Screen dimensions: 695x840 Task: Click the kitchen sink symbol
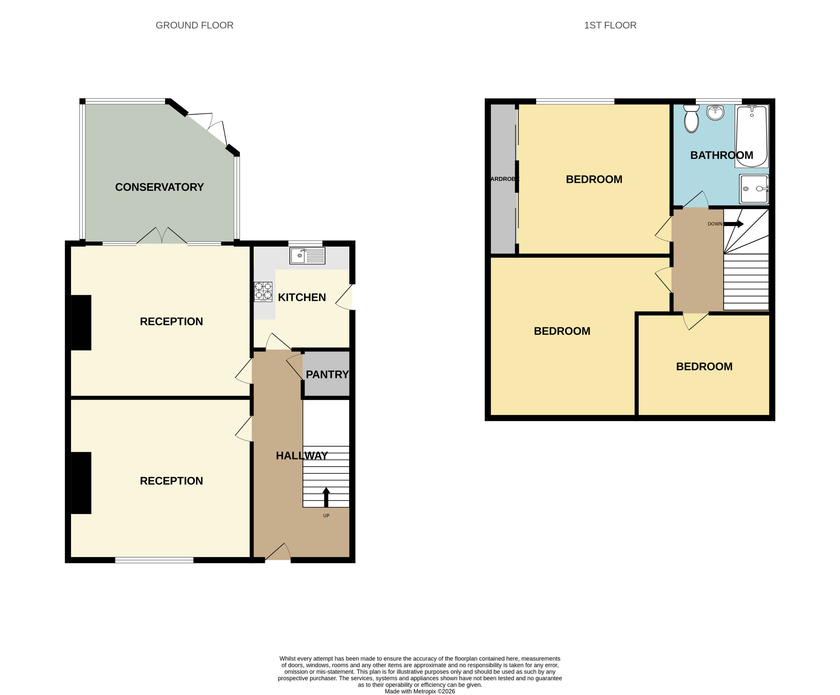click(307, 256)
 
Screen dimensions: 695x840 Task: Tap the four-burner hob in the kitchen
click(263, 292)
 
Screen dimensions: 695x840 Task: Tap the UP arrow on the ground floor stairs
click(326, 497)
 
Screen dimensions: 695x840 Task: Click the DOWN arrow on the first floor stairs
click(734, 224)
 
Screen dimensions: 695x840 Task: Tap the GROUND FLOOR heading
click(194, 25)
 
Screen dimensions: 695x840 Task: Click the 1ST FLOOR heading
click(610, 25)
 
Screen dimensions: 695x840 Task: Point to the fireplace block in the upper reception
click(81, 322)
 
